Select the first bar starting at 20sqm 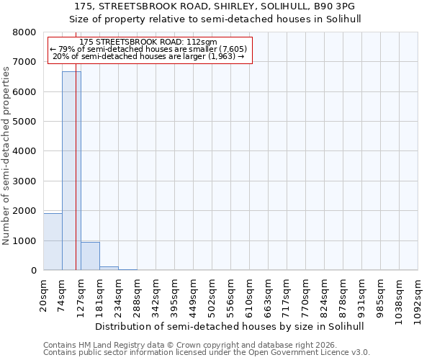pyautogui.click(x=53, y=242)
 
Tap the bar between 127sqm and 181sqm pyautogui.click(x=90, y=256)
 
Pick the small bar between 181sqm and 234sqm pyautogui.click(x=109, y=268)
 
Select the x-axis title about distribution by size pyautogui.click(x=230, y=326)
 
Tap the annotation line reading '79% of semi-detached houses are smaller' pyautogui.click(x=149, y=49)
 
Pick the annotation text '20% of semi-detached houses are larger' pyautogui.click(x=149, y=56)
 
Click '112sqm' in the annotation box pyautogui.click(x=200, y=42)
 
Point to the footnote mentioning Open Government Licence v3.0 pyautogui.click(x=207, y=353)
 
